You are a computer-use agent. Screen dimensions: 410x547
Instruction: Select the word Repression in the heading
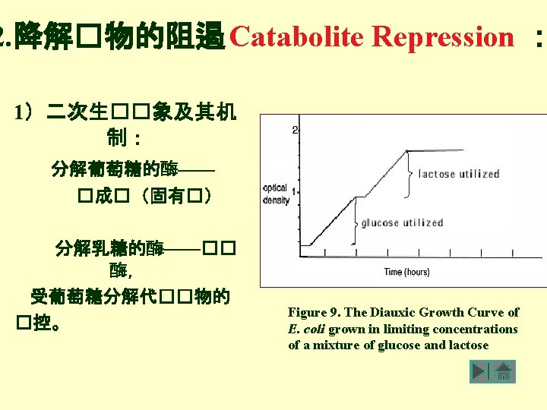444,36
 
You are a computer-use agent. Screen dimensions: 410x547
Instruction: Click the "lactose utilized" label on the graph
459,174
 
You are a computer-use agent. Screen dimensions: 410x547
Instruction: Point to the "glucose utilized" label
402,223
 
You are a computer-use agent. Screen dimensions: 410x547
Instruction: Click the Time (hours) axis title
406,272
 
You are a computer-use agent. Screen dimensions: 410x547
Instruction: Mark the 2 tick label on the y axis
295,131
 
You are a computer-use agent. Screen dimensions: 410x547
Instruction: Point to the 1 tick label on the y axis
294,191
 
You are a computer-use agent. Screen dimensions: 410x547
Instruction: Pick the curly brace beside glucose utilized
354,222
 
